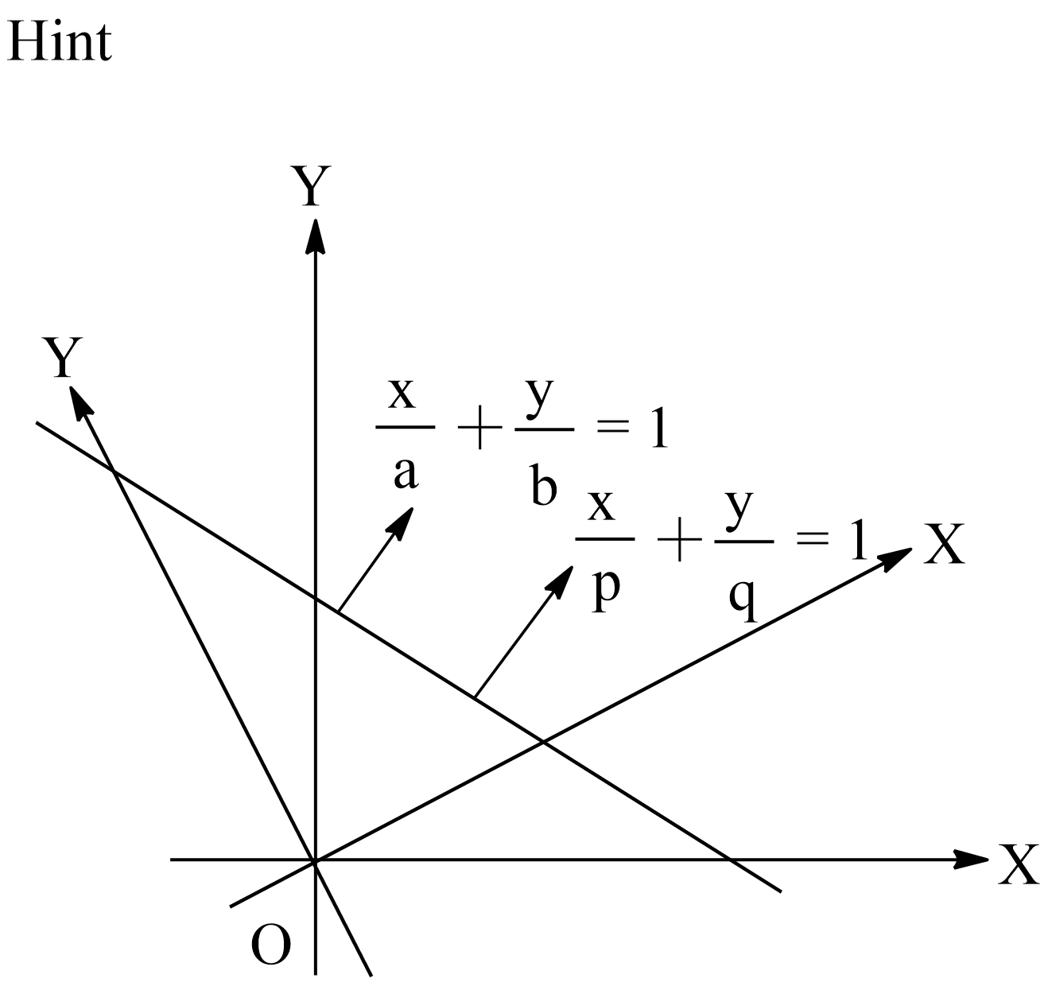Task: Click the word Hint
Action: point(59,41)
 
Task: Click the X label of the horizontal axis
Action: point(1019,864)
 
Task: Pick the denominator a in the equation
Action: point(406,473)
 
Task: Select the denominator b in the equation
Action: point(544,487)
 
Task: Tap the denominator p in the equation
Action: point(605,589)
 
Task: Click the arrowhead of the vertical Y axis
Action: point(316,235)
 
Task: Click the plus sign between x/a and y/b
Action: point(479,434)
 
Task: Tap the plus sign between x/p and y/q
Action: point(678,545)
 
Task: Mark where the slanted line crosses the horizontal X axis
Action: point(729,859)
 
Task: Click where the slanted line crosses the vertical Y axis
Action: point(316,598)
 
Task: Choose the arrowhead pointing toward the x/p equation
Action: point(563,577)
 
